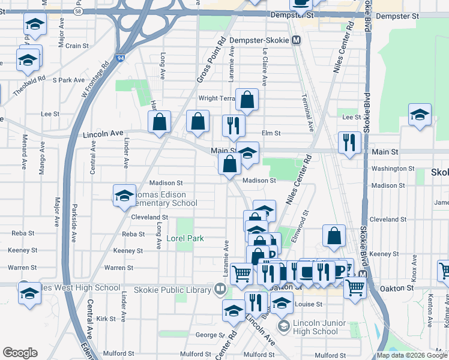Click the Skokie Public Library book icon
pyautogui.click(x=220, y=290)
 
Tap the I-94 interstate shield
pyautogui.click(x=121, y=58)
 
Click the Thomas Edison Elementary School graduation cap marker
pyautogui.click(x=124, y=196)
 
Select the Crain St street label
pyautogui.click(x=77, y=46)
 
